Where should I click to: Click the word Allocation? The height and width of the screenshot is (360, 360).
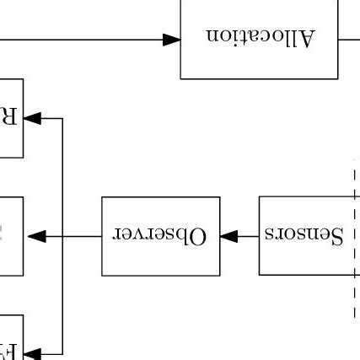(x=260, y=39)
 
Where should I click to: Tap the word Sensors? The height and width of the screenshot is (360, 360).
(x=304, y=235)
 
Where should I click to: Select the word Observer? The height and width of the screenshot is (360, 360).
(x=160, y=236)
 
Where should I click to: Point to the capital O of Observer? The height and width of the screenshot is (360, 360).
(x=197, y=236)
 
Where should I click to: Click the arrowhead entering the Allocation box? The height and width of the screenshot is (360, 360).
(x=172, y=39)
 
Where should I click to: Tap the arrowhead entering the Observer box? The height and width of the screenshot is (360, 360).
(x=227, y=237)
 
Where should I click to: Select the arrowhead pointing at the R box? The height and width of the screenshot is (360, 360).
(x=33, y=119)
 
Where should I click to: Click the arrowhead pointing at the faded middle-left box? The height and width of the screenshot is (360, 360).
(x=35, y=237)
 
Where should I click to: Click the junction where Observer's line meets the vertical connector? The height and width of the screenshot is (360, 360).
(x=63, y=237)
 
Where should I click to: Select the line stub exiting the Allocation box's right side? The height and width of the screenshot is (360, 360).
(x=349, y=39)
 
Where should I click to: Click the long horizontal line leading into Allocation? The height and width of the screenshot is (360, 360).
(x=84, y=39)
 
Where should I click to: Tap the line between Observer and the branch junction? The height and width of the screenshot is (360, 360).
(x=83, y=237)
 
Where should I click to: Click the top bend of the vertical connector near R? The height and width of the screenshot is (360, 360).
(x=63, y=119)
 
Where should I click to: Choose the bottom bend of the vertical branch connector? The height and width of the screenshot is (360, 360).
(x=63, y=354)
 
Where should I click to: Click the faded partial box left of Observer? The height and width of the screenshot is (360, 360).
(x=10, y=236)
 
